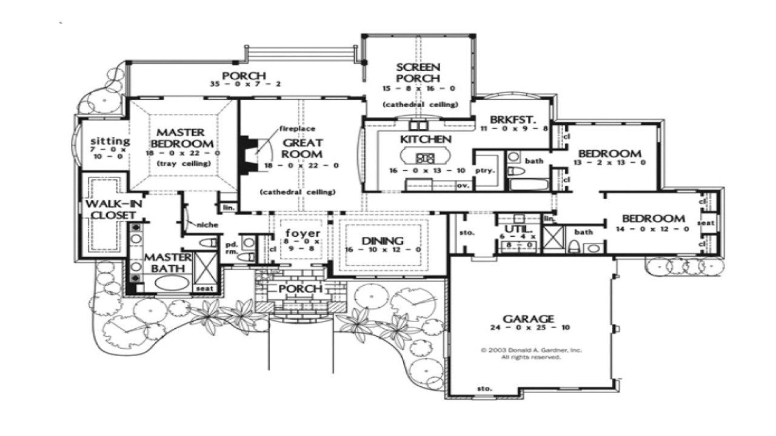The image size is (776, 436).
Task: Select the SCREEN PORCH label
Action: (418, 73)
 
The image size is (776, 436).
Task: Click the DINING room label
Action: (383, 241)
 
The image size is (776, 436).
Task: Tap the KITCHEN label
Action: (425, 140)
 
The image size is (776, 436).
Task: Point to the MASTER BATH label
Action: (168, 263)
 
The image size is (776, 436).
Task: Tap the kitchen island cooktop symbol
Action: (425, 158)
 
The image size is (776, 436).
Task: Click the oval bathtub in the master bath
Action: (172, 283)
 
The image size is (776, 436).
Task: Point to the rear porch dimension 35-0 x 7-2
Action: (244, 84)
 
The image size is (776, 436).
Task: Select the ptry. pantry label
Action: (485, 171)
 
